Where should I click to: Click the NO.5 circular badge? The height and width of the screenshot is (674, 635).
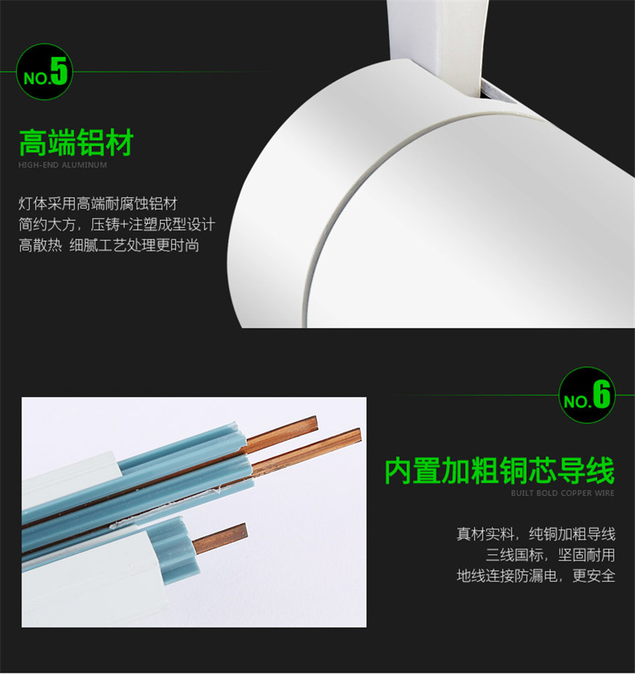point(44,72)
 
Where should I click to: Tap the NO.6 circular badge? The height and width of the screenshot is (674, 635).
point(587,395)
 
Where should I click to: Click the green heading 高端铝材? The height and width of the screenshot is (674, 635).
point(76,143)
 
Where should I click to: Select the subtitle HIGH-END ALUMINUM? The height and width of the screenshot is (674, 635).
point(63,165)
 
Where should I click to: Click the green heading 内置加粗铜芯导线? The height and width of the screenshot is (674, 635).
point(500,471)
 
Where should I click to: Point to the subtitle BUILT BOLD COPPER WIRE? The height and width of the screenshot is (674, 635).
point(563,493)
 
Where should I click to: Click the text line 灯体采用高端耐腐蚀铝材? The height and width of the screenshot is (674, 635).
point(98,204)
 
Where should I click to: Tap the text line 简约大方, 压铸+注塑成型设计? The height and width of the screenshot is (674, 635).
point(117,225)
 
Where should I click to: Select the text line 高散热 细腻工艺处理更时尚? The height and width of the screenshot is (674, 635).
point(109,246)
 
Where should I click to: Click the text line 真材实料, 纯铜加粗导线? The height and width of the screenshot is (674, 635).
point(536,534)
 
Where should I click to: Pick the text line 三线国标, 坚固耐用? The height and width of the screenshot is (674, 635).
point(551,555)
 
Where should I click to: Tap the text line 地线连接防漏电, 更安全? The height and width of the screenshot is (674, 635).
point(536,575)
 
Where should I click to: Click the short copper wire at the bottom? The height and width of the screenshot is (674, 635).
point(220,537)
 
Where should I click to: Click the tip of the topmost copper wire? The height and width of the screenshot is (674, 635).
point(316,423)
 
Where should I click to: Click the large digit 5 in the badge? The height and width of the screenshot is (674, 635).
point(59,70)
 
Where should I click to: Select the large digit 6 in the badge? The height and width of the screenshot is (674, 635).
point(601,394)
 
